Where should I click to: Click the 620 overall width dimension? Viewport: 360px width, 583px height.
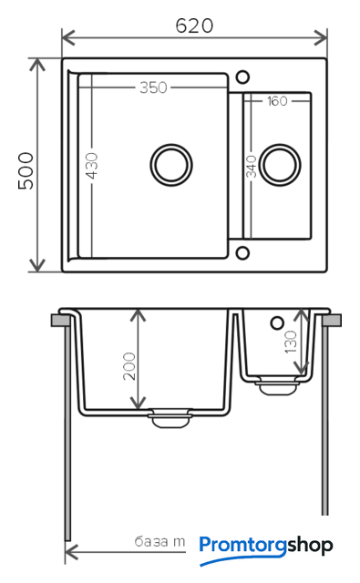pos(194,26)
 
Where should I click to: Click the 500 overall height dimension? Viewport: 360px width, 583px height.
pos(26,170)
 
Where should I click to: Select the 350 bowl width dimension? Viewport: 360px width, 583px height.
pos(153,87)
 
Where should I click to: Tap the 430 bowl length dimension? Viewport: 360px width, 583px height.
pos(92,166)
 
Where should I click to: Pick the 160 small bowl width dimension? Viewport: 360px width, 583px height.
pos(277,101)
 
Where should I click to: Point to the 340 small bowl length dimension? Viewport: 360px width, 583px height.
pos(252,166)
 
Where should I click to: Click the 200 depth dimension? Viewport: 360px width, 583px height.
pos(129,366)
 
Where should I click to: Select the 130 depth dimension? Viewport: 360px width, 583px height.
pos(291,343)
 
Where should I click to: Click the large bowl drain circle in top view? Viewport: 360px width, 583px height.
pos(171,165)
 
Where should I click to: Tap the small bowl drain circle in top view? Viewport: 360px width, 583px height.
pos(280,165)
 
